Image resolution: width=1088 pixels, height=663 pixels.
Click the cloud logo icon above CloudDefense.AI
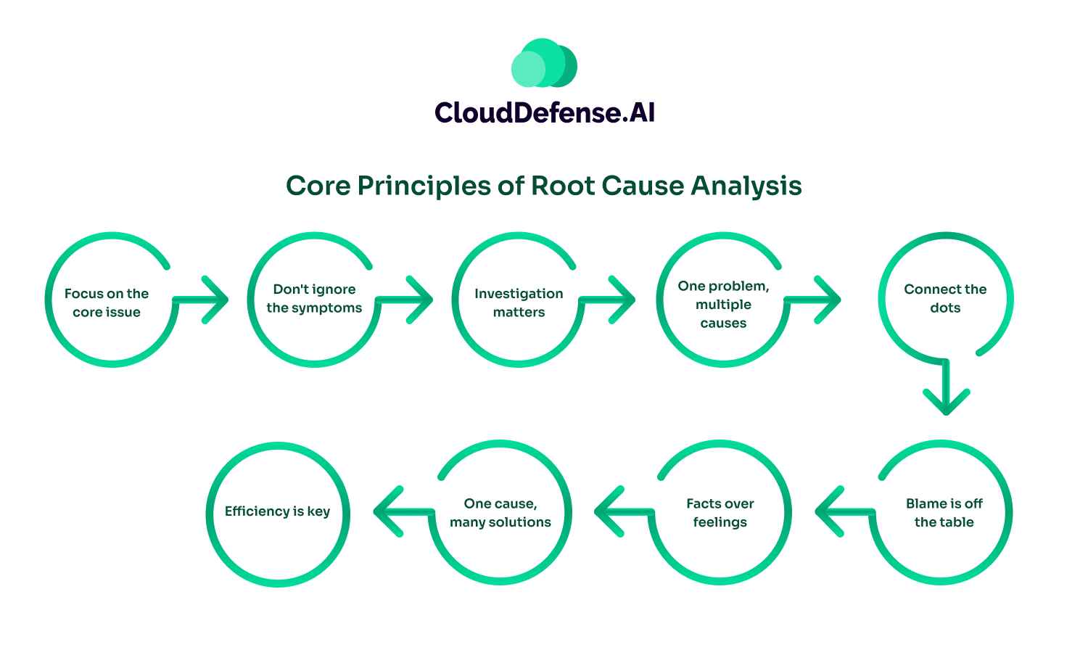pos(544,64)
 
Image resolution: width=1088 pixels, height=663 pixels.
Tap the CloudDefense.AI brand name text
pos(544,113)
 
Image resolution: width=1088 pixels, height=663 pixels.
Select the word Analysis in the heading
pos(746,186)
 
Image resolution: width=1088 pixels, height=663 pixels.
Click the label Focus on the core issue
pos(107,302)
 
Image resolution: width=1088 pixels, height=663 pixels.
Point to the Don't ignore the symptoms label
pos(314,298)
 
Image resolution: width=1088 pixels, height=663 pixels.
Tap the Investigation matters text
pos(519,302)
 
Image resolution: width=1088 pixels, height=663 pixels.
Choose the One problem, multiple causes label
pos(723,305)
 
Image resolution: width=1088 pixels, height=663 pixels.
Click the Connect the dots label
pos(945,298)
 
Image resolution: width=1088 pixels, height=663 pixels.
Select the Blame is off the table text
pos(944,512)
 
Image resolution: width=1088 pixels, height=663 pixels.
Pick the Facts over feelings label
pos(720,512)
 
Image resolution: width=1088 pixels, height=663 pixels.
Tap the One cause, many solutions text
pos(500,512)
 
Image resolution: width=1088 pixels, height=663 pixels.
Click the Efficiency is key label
pos(277,511)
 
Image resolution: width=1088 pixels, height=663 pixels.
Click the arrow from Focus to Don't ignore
pos(203,299)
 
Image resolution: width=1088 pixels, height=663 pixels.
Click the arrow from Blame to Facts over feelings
pos(841,511)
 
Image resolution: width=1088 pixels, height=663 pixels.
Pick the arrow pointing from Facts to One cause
pos(621,511)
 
